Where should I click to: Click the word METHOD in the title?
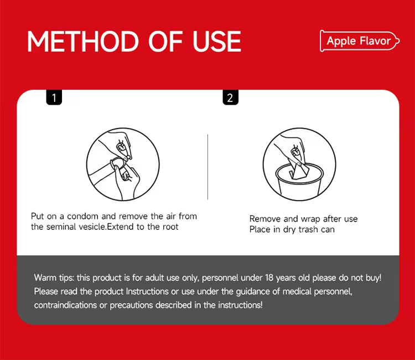[x=83, y=42]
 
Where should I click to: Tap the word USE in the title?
[x=217, y=42]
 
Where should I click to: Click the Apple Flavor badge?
[x=360, y=41]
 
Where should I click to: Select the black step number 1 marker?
[x=54, y=97]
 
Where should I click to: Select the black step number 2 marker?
[x=231, y=97]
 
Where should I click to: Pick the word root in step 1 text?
[x=170, y=227]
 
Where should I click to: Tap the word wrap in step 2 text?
[x=311, y=219]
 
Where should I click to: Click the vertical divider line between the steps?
[x=207, y=167]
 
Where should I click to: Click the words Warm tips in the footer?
[x=54, y=277]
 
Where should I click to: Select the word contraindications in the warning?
[x=65, y=305]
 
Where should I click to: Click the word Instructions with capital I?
[x=147, y=291]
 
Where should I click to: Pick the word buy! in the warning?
[x=373, y=278]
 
